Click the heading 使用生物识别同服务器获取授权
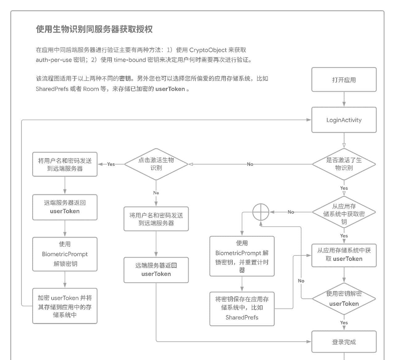(x=94, y=29)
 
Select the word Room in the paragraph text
(x=91, y=89)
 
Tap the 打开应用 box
(x=344, y=80)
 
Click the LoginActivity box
(x=344, y=120)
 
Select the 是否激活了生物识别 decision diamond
(x=344, y=164)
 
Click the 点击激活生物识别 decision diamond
(x=156, y=164)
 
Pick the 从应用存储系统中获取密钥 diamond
(x=344, y=213)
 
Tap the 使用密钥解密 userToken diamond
(x=344, y=299)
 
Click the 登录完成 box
(x=344, y=342)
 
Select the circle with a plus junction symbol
(x=261, y=212)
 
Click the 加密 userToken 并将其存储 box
(x=65, y=306)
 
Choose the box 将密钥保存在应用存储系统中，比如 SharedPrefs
(x=242, y=309)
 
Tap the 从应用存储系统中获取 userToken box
(x=344, y=255)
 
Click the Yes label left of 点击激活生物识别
(x=111, y=164)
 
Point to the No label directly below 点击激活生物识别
(x=156, y=193)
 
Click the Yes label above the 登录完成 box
(x=344, y=323)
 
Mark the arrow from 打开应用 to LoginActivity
(x=344, y=100)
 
